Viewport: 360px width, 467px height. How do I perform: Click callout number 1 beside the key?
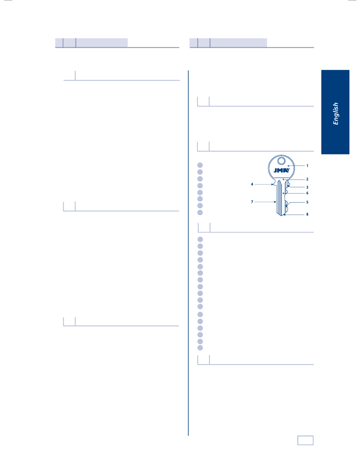(307, 166)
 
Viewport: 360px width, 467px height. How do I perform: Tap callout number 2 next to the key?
(307, 179)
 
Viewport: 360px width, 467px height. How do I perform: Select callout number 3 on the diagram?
(307, 187)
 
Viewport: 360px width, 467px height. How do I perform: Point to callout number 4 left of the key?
(252, 184)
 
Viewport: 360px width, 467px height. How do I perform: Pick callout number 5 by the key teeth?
(307, 202)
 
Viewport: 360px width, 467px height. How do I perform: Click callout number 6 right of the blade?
(307, 193)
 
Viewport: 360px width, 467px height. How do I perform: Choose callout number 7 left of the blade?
(252, 202)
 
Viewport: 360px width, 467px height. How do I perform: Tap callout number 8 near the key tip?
(307, 214)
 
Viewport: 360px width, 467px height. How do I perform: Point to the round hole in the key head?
(281, 162)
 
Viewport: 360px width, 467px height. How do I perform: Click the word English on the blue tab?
(336, 113)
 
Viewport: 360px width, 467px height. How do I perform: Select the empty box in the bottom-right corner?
(305, 440)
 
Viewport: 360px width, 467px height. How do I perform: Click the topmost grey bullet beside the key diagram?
(200, 165)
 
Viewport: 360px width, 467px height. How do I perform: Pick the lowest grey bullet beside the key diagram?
(200, 212)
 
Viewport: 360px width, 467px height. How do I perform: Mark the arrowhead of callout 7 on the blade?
(276, 202)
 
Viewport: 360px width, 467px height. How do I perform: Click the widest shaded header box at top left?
(102, 42)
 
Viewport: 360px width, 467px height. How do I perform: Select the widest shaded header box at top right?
(238, 42)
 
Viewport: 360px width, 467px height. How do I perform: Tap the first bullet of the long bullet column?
(200, 239)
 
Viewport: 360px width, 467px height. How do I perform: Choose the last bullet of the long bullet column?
(200, 348)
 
